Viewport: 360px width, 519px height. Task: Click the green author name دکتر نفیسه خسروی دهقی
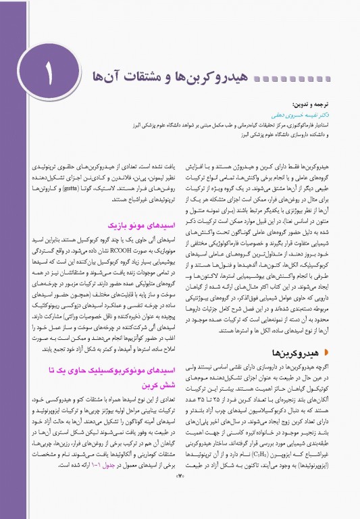click(x=303, y=116)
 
